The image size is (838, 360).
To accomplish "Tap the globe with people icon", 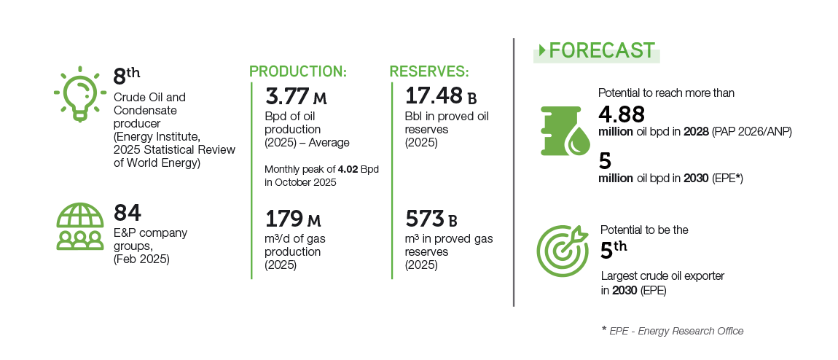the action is (80, 226).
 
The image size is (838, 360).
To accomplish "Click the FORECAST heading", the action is (602, 51).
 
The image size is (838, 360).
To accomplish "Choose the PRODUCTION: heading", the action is (298, 71).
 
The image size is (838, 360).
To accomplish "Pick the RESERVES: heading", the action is (429, 71).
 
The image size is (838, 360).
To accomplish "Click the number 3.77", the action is (287, 96).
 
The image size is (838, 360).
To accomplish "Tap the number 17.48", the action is (434, 96).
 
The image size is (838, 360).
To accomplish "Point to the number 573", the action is (424, 219).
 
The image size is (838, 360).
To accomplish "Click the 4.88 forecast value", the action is (622, 115).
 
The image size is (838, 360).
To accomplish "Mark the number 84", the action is (128, 213).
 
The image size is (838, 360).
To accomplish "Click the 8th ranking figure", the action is (127, 76).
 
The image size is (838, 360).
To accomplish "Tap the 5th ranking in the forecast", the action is (613, 249).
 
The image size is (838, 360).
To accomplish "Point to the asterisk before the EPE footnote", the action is (604, 329).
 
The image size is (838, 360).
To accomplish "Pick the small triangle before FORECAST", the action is (542, 51).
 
